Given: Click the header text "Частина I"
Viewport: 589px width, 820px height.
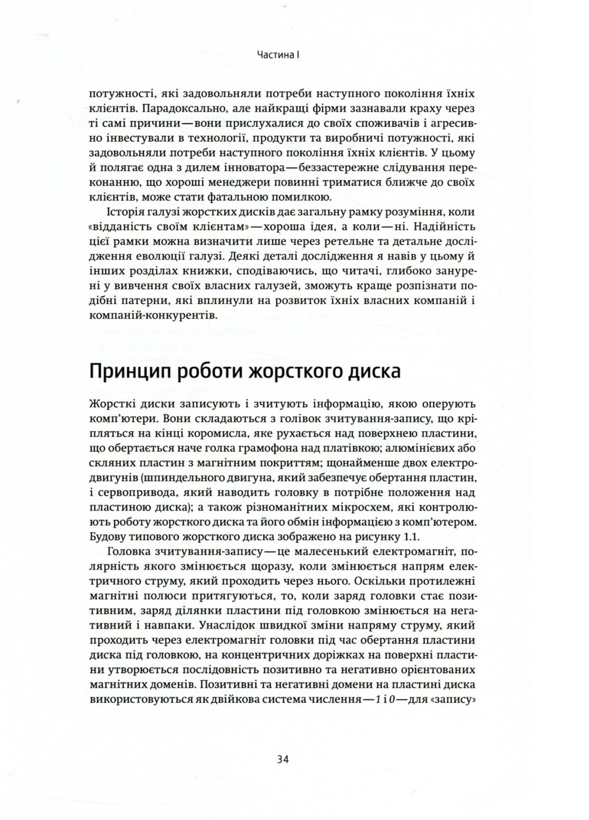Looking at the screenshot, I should point(278,56).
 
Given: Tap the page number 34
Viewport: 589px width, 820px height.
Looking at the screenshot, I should point(283,759).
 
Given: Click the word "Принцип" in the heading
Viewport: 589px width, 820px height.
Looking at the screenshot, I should point(129,372).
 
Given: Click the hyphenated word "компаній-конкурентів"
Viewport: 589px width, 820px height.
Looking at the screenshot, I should point(153,317).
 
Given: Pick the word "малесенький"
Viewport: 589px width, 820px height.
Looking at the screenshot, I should point(341,551).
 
